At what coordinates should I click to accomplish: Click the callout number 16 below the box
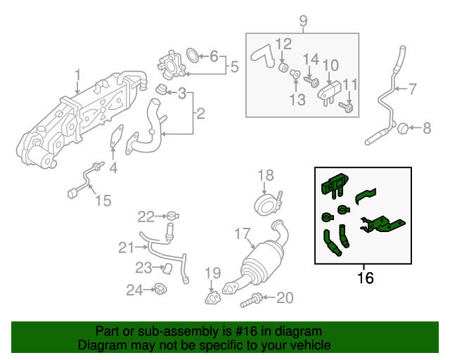point(366,278)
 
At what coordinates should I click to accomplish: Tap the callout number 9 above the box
point(303,21)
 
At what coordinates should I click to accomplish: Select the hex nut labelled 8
point(403,128)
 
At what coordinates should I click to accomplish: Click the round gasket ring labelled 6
point(193,56)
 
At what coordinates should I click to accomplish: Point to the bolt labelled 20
point(251,300)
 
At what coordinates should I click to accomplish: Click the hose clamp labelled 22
point(173,215)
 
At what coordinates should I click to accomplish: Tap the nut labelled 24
point(161,289)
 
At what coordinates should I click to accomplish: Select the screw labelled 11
point(346,107)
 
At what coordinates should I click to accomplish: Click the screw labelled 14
point(311,82)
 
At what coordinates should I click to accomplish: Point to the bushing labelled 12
point(284,67)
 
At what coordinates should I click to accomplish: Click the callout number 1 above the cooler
point(78,75)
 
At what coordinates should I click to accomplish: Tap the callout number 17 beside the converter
point(243,233)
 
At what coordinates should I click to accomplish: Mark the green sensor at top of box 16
point(335,184)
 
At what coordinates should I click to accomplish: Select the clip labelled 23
point(167,269)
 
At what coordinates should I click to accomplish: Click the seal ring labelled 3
point(162,89)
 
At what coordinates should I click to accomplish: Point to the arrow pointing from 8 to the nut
point(416,128)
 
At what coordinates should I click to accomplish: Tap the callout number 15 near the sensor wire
point(103,200)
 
